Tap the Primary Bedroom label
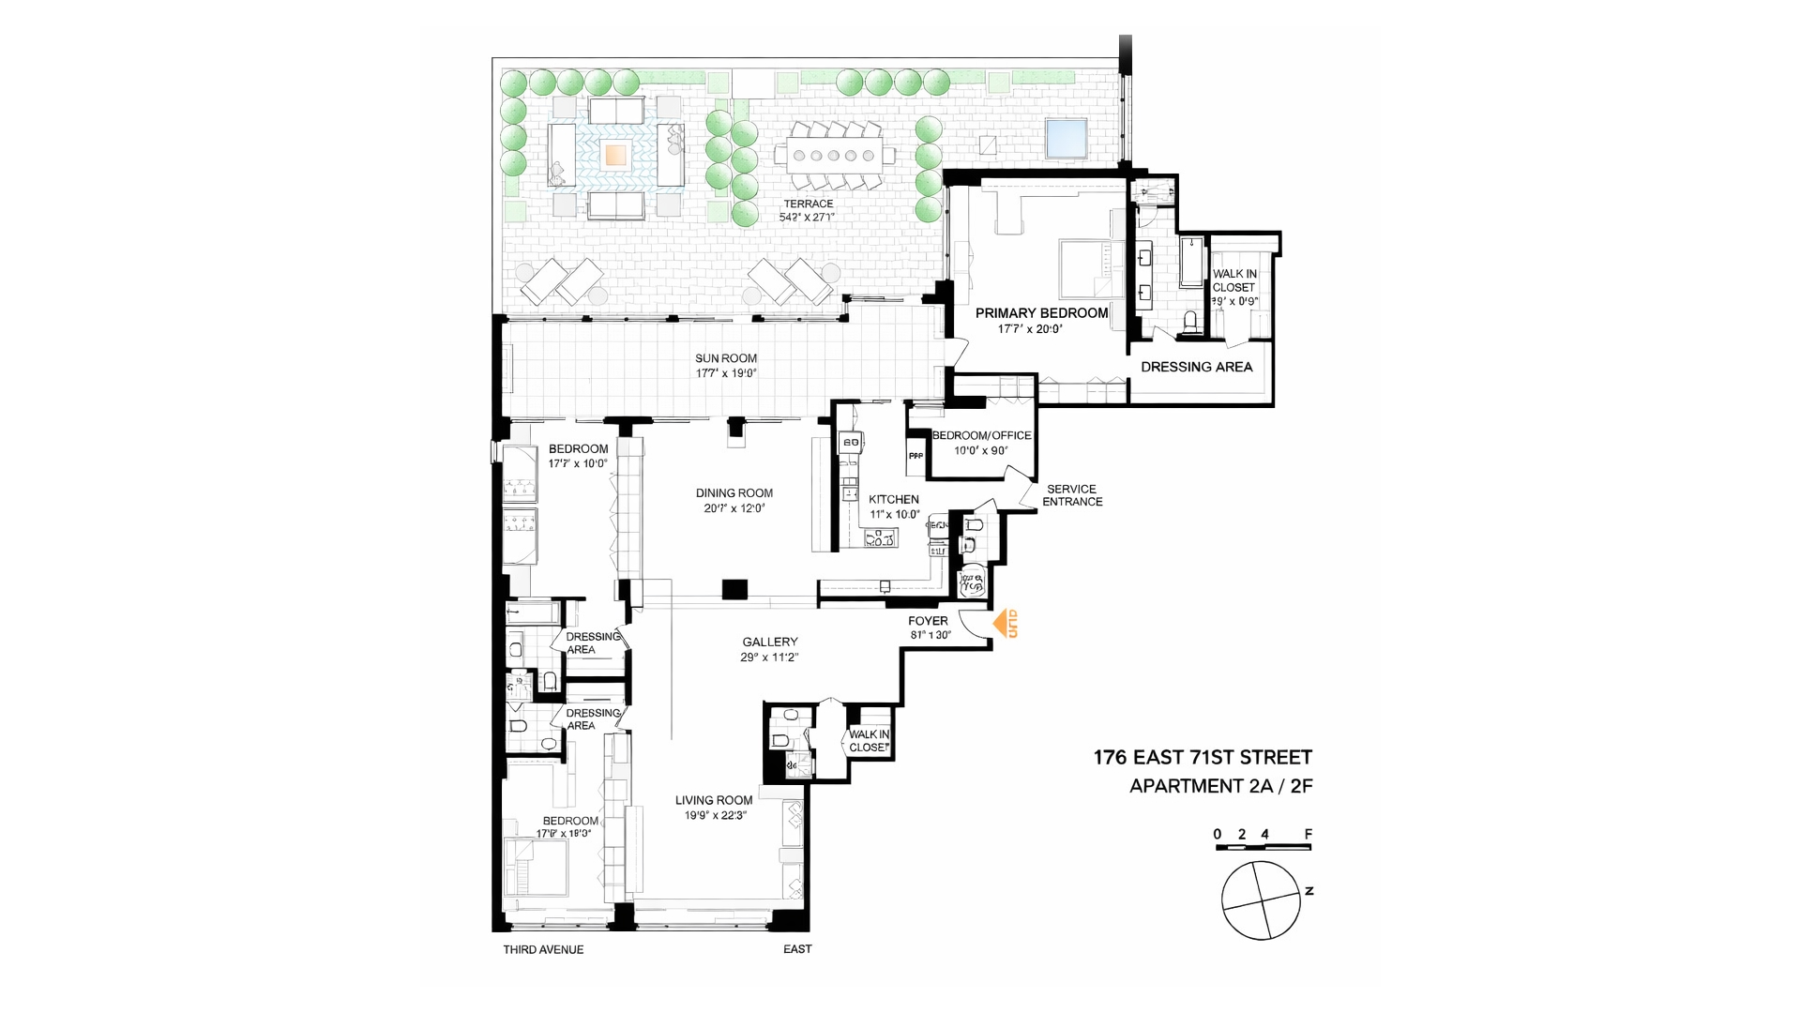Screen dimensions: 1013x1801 pos(1041,313)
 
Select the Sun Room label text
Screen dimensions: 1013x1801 pos(725,358)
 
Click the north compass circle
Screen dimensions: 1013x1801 pos(1261,900)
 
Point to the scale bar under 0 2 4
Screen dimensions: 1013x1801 pos(1263,847)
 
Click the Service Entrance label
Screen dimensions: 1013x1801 pos(1072,495)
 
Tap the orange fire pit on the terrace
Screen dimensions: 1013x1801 pos(615,154)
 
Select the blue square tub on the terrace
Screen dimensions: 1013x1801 pos(1067,139)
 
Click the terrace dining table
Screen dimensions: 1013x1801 pos(828,156)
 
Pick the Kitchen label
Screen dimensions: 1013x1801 pos(893,500)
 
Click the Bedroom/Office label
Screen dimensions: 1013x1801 pos(981,435)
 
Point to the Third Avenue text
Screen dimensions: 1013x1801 pos(543,949)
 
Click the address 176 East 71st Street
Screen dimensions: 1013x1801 pos(1203,757)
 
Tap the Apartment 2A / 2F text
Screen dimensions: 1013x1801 pos(1220,786)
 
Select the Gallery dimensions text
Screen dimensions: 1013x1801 pos(769,658)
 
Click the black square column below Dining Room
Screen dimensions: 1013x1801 pos(734,589)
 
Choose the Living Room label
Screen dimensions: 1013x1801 pos(714,800)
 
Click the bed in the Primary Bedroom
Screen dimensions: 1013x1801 pos(1084,269)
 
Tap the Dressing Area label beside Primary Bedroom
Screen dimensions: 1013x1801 pos(1196,367)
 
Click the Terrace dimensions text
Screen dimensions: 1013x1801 pos(807,218)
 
